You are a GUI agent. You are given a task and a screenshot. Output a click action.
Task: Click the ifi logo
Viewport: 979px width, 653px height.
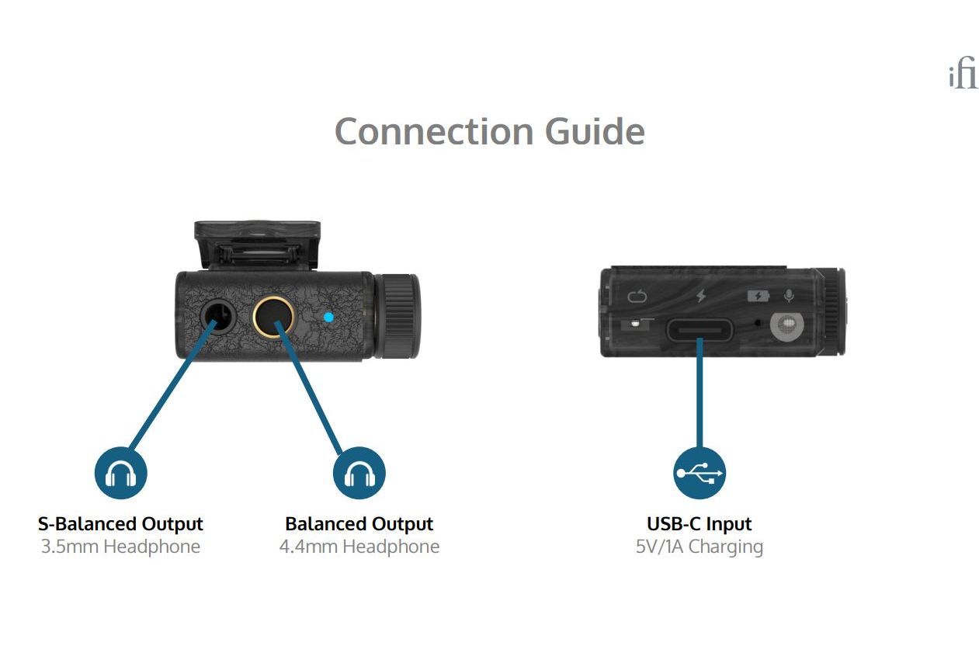[963, 76]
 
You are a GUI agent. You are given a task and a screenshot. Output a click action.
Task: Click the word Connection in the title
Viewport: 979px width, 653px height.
[434, 131]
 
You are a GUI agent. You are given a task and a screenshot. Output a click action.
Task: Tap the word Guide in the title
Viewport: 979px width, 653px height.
[595, 131]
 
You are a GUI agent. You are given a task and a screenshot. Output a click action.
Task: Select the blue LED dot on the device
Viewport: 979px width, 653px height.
[328, 317]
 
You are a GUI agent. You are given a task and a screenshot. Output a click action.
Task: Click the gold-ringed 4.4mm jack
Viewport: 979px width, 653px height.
[274, 316]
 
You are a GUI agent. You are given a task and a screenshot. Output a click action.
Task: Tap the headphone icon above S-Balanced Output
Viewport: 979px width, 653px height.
[121, 473]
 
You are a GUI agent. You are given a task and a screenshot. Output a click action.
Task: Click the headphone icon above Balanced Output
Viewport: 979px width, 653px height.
[359, 473]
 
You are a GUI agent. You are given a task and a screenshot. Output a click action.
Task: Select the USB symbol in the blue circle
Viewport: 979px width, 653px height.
[700, 473]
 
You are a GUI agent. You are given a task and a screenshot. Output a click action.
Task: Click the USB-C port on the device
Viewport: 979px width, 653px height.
[700, 329]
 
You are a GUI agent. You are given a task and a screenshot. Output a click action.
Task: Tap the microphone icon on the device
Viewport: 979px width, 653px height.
[789, 296]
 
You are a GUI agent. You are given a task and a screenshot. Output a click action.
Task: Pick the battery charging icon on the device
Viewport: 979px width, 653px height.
[759, 296]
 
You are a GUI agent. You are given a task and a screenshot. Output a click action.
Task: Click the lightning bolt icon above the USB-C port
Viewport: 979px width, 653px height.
[701, 296]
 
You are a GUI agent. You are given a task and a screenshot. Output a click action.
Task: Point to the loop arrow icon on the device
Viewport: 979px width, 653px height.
[637, 296]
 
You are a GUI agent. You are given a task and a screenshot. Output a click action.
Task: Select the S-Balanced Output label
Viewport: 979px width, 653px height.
[120, 524]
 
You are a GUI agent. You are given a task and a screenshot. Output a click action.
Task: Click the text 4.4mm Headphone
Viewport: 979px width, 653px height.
[359, 547]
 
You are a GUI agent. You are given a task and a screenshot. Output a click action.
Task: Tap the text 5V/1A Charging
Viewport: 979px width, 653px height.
[700, 547]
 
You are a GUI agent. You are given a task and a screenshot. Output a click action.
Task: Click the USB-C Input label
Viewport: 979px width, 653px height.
[700, 524]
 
